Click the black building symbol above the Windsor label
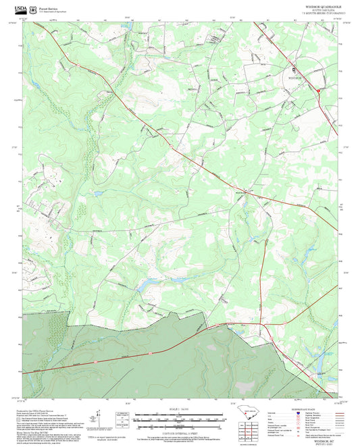pyautogui.click(x=294, y=70)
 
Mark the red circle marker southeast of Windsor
pyautogui.click(x=319, y=89)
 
